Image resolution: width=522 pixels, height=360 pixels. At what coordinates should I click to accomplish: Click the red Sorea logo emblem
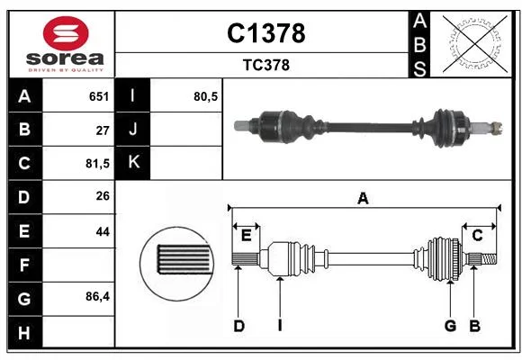(x=66, y=33)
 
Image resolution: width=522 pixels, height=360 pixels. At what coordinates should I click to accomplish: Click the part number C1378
(x=266, y=33)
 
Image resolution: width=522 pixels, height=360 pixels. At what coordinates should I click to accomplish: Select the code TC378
(x=266, y=66)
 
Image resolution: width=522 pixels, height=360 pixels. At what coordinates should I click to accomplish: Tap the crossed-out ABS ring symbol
(x=475, y=43)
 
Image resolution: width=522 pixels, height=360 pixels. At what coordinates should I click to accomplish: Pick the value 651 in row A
(x=99, y=96)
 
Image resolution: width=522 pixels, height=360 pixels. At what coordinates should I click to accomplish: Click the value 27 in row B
(x=103, y=130)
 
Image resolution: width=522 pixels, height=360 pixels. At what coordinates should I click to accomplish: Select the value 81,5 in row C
(x=97, y=164)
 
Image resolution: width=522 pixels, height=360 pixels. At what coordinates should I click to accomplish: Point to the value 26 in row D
(x=103, y=196)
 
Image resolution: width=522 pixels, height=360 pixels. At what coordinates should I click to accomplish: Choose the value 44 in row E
(x=103, y=231)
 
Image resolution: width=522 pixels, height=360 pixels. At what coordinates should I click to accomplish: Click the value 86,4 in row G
(x=97, y=296)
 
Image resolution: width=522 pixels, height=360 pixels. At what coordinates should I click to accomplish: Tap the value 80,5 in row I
(x=206, y=96)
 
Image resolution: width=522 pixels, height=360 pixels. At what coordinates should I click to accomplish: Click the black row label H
(x=25, y=332)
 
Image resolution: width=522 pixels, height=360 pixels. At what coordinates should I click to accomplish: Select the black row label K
(x=133, y=163)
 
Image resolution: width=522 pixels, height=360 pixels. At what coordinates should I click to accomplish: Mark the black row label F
(x=25, y=265)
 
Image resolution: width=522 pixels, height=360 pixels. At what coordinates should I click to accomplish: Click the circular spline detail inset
(x=176, y=264)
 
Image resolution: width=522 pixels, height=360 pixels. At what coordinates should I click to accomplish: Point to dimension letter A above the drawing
(x=363, y=199)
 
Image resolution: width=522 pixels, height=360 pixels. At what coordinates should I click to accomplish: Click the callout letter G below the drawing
(x=450, y=326)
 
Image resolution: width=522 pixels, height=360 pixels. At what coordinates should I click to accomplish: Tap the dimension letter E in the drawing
(x=246, y=236)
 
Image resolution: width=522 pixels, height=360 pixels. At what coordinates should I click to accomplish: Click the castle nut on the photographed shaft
(x=497, y=128)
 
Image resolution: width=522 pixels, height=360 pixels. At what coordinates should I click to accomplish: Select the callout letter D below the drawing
(x=238, y=326)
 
